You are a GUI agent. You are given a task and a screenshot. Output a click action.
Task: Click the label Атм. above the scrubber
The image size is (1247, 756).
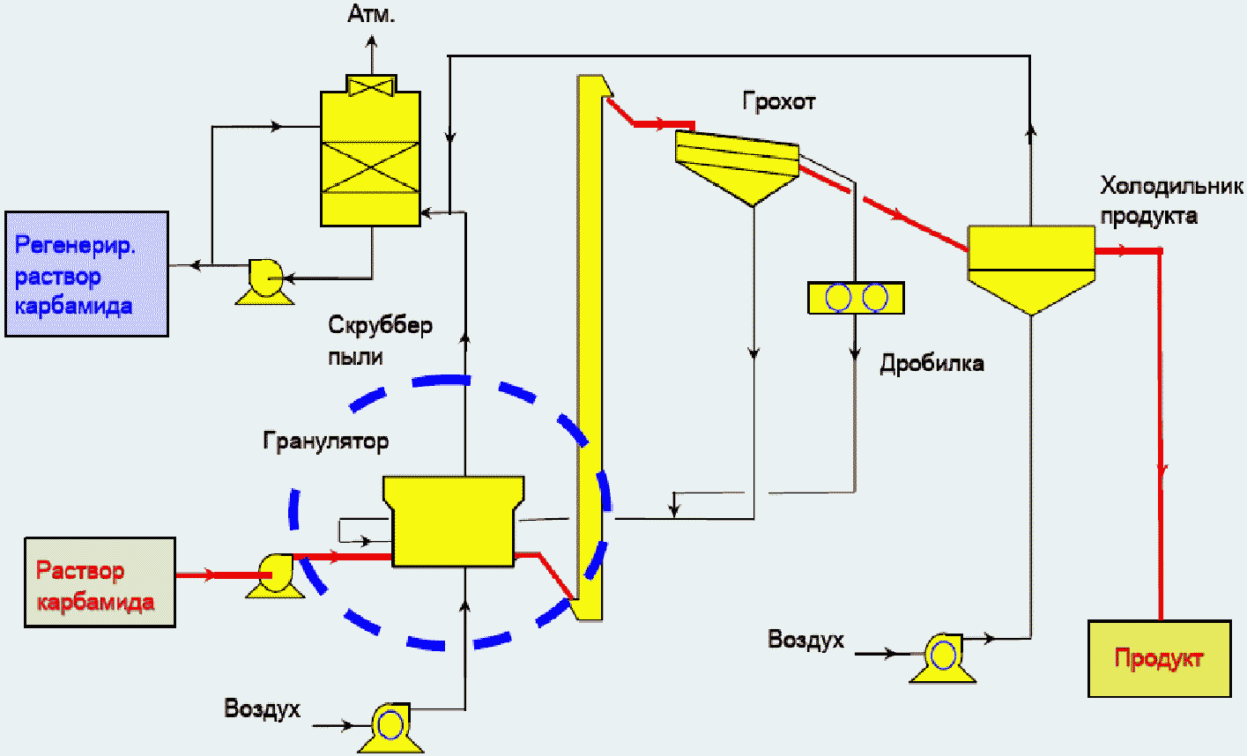tap(371, 14)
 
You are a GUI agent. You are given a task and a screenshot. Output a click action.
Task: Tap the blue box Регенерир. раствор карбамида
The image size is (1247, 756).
tap(87, 274)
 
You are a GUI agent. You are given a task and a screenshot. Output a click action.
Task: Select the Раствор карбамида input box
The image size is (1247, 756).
tap(100, 582)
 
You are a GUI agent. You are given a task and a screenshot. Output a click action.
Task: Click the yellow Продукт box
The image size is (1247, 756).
tap(1160, 658)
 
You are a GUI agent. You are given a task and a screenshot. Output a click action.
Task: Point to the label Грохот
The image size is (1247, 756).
tap(779, 102)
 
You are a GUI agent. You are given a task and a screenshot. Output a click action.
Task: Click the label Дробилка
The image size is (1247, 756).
tap(932, 364)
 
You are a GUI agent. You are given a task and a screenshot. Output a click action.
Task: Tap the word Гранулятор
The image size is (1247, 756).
tap(326, 441)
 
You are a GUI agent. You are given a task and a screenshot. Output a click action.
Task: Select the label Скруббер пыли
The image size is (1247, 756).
tap(380, 341)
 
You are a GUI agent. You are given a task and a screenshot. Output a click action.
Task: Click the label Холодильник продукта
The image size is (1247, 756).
tap(1171, 200)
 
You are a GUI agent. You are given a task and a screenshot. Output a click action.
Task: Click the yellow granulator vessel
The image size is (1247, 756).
tap(454, 521)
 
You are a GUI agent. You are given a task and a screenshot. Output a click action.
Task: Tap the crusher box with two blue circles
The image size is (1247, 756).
tap(857, 298)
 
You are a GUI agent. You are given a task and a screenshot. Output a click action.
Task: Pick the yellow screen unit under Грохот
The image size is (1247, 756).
tap(737, 166)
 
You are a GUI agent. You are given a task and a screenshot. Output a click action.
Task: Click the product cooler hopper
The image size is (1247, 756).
tap(1032, 269)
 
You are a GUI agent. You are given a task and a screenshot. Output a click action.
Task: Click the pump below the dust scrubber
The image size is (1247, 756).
tap(265, 281)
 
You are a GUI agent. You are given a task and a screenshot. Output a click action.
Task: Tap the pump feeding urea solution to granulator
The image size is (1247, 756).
tap(276, 575)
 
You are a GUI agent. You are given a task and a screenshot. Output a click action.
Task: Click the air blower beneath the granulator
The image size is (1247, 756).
tap(390, 728)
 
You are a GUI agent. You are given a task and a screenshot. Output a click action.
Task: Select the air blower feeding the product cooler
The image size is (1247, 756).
tap(942, 657)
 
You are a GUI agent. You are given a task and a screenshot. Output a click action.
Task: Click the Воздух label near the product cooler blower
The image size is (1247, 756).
tap(805, 640)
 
